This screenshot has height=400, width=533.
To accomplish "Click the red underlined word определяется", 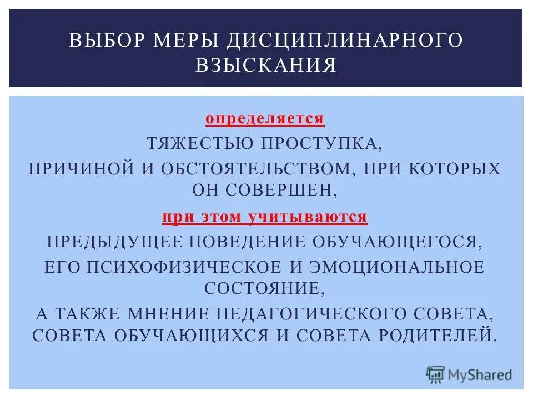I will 265,119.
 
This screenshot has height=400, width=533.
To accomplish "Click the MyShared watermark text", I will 480,375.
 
